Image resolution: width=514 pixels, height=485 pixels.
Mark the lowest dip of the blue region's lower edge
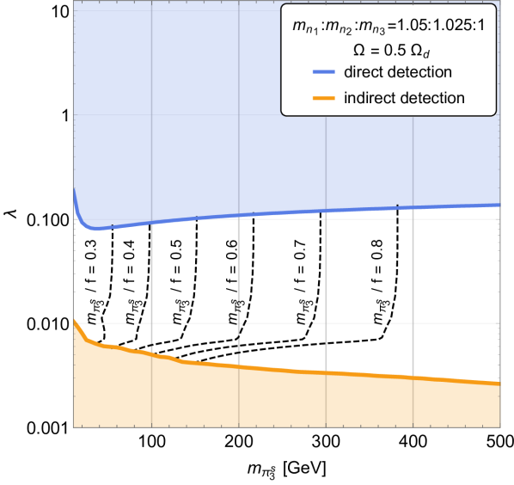point(97,230)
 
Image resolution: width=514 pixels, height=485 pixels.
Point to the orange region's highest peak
point(75,319)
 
